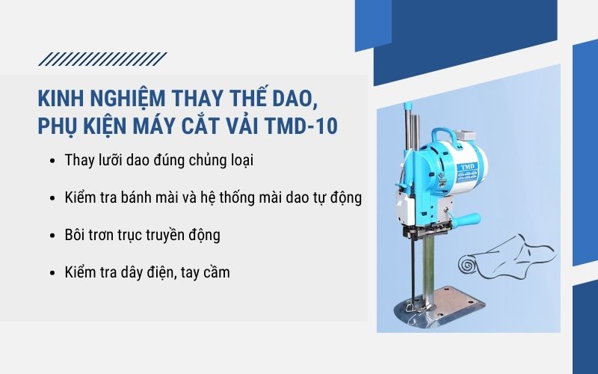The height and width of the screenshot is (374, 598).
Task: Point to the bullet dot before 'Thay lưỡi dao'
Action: pyautogui.click(x=51, y=161)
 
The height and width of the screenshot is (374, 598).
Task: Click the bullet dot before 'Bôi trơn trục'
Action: pyautogui.click(x=51, y=236)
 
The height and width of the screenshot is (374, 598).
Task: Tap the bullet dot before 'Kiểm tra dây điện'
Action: pyautogui.click(x=51, y=273)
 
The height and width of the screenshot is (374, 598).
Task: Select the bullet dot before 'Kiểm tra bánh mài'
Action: pyautogui.click(x=51, y=198)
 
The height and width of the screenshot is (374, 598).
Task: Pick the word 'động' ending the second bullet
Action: pyautogui.click(x=347, y=198)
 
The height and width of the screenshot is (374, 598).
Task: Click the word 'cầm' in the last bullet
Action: pyautogui.click(x=215, y=272)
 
